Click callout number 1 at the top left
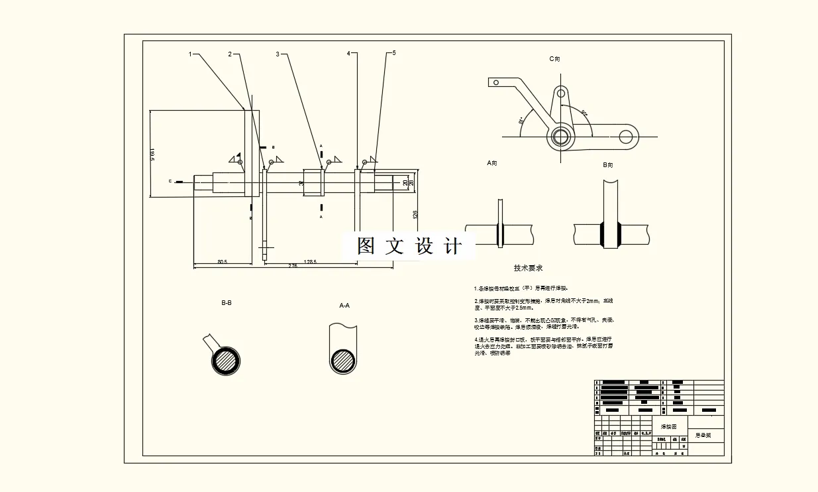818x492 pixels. (x=190, y=54)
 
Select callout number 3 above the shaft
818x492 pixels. (x=278, y=54)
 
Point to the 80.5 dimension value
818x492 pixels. (x=222, y=262)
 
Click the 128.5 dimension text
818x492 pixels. (x=309, y=262)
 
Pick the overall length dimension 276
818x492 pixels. (x=292, y=266)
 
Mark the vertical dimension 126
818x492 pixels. (x=415, y=215)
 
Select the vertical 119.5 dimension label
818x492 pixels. (x=152, y=154)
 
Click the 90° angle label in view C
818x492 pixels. (x=585, y=112)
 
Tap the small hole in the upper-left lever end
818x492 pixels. (x=494, y=82)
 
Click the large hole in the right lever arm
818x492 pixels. (x=626, y=137)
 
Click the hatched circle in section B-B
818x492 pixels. (x=226, y=361)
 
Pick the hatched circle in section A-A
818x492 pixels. (x=344, y=361)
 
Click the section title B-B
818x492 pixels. (x=226, y=303)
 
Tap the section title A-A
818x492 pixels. (x=344, y=306)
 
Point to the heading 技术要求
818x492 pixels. (x=528, y=269)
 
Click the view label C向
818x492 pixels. (x=555, y=59)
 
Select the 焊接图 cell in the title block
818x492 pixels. (x=669, y=427)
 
